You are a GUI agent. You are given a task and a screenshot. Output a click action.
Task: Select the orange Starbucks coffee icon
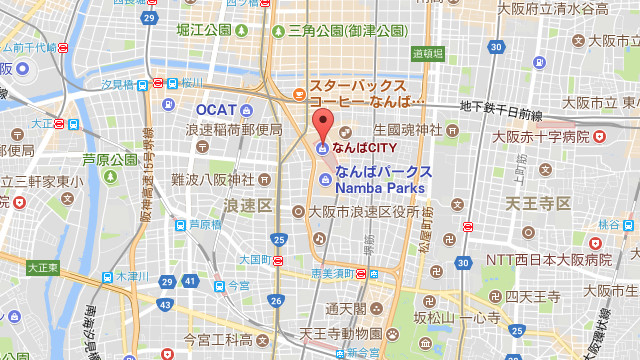(299, 96)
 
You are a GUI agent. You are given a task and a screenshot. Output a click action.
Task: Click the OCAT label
(216, 108)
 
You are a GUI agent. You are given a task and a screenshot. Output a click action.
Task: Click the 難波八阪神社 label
(213, 180)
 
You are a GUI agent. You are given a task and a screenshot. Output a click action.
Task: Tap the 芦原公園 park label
(110, 159)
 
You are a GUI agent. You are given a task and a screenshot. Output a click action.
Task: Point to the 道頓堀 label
(426, 53)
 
